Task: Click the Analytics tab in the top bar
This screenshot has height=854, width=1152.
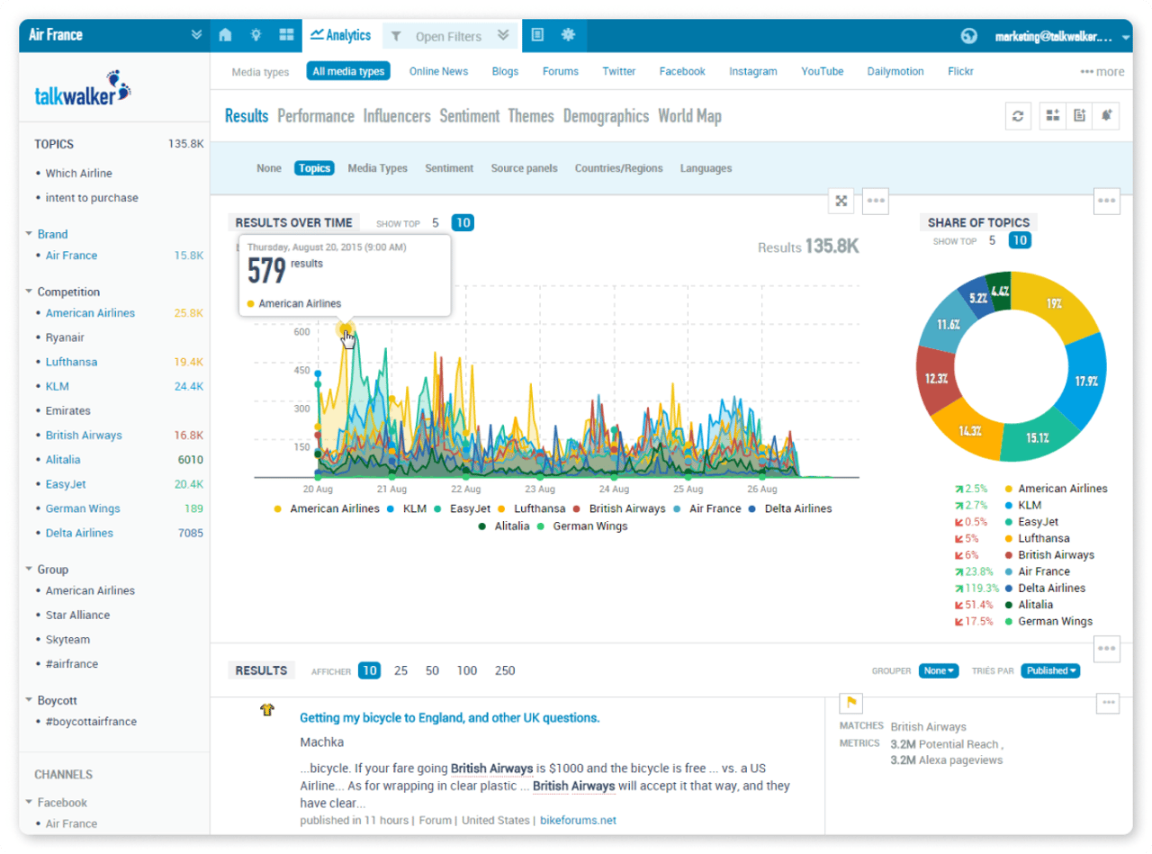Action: pyautogui.click(x=341, y=35)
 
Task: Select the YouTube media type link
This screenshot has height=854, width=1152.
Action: pyautogui.click(x=822, y=71)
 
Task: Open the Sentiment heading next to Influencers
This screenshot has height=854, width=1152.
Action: pyautogui.click(x=469, y=116)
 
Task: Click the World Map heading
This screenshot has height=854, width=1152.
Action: pyautogui.click(x=689, y=116)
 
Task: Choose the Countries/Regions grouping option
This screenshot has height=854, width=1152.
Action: pyautogui.click(x=618, y=168)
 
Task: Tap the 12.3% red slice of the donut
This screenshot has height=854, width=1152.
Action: pyautogui.click(x=937, y=379)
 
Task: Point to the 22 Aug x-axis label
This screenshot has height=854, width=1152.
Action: pyautogui.click(x=465, y=490)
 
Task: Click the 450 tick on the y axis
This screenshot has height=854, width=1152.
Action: pyautogui.click(x=301, y=371)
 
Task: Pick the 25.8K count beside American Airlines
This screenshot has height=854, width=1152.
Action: pyautogui.click(x=188, y=313)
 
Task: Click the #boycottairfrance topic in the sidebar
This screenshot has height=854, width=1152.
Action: pyautogui.click(x=91, y=722)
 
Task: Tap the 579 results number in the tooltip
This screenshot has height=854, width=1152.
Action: pyautogui.click(x=266, y=270)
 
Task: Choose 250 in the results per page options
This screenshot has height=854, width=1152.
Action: pyautogui.click(x=505, y=670)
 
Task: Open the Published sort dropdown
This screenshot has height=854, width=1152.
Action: pyautogui.click(x=1050, y=670)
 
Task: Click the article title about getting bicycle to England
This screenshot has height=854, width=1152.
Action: pyautogui.click(x=449, y=718)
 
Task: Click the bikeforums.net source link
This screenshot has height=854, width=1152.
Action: pyautogui.click(x=578, y=821)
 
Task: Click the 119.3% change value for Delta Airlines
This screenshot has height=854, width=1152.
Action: pyautogui.click(x=976, y=589)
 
